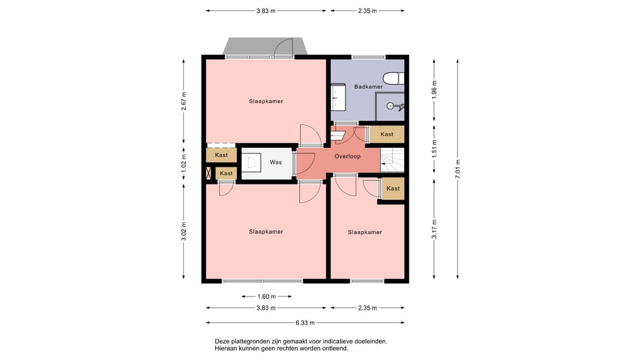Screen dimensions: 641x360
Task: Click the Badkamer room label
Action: click(x=369, y=87)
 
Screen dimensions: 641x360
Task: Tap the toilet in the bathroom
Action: click(x=394, y=78)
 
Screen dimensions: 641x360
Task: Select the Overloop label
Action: click(x=347, y=156)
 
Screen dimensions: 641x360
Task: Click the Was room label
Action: click(x=276, y=163)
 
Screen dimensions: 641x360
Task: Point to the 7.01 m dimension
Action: click(x=458, y=169)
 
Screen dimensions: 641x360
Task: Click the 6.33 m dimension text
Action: click(x=306, y=323)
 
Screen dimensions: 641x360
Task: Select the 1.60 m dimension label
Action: click(x=266, y=297)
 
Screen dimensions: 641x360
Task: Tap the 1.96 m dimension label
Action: click(x=434, y=89)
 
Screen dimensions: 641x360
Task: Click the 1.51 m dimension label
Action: click(x=434, y=149)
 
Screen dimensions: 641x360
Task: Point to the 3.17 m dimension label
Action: click(x=434, y=230)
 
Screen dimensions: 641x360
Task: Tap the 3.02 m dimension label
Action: click(x=184, y=231)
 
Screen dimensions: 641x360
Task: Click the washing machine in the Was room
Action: click(x=252, y=163)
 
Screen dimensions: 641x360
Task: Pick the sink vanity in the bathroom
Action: click(x=338, y=97)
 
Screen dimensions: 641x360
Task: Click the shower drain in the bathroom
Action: click(x=391, y=106)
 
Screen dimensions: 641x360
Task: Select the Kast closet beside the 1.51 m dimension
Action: click(x=387, y=134)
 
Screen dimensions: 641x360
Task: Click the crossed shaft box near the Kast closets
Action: click(x=208, y=173)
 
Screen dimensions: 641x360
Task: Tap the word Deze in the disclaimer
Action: click(x=222, y=341)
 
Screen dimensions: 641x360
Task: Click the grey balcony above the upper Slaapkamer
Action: click(x=265, y=46)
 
